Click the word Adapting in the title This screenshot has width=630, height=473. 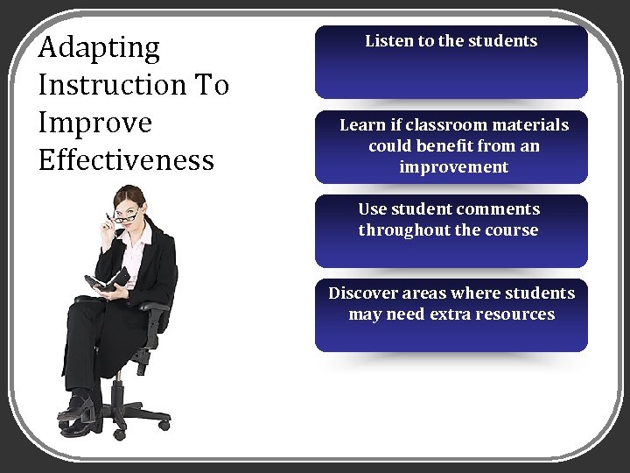click(100, 47)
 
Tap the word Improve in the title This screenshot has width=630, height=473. click(96, 124)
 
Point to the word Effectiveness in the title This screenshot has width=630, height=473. click(126, 160)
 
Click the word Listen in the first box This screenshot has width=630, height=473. click(388, 41)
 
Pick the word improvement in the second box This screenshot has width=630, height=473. click(453, 166)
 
